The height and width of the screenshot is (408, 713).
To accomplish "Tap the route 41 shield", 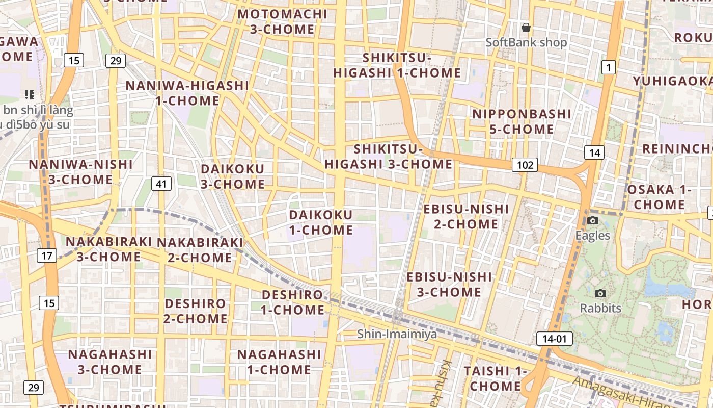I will point(161,184).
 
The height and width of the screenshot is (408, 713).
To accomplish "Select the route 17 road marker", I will point(47,256).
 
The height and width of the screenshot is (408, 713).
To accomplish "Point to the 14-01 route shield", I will point(554,339).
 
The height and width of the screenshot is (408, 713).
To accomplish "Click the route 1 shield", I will point(608,67).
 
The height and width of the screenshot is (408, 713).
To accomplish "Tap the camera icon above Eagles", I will point(593,220).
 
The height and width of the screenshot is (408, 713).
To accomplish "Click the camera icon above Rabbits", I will point(600,293).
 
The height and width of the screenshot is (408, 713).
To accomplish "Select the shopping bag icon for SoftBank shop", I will point(526,27).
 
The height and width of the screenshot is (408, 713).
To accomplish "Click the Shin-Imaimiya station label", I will point(397,334).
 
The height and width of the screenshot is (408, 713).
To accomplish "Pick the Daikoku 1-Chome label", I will point(321,222).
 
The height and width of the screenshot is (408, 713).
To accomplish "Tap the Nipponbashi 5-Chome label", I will point(522,121).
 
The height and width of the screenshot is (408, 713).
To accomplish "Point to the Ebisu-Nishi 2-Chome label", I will point(466,216).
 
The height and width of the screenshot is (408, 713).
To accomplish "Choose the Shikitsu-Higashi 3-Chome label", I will point(389,157).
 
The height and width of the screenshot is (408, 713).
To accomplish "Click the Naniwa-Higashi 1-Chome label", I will point(187,93).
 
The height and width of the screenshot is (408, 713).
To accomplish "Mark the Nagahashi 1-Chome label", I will point(279,362).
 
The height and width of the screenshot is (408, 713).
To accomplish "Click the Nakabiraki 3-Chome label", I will point(109,249).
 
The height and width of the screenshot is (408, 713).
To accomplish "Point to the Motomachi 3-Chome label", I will point(282,21).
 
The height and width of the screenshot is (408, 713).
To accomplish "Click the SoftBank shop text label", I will point(526,42).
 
